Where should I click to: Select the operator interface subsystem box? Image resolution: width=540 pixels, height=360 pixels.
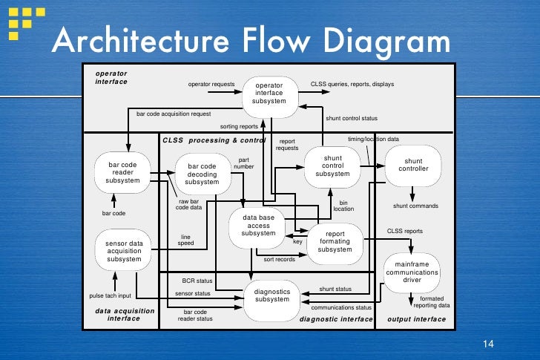[269, 93]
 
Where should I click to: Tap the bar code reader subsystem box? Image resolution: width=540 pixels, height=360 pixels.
[122, 171]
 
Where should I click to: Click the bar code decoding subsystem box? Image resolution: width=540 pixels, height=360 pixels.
[202, 174]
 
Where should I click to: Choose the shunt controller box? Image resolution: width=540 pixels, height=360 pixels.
[413, 164]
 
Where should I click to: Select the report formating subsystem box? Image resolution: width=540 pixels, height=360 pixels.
[335, 241]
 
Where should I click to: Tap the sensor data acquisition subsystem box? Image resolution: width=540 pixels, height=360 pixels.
[123, 251]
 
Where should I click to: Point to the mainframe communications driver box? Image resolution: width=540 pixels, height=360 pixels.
[412, 272]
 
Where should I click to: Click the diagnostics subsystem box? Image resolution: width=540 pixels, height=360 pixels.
[271, 295]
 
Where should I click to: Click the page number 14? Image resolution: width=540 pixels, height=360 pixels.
[487, 343]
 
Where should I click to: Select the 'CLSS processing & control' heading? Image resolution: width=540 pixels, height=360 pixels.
[214, 140]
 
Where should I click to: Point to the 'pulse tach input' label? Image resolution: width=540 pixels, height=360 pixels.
[110, 295]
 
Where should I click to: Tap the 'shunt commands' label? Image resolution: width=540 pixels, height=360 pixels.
[415, 206]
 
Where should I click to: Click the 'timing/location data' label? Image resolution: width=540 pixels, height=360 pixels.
[373, 139]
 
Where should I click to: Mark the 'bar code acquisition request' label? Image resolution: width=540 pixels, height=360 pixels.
[174, 114]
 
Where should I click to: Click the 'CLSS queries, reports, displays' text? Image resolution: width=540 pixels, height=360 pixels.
[352, 84]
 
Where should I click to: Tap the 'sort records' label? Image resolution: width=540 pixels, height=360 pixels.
[279, 259]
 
